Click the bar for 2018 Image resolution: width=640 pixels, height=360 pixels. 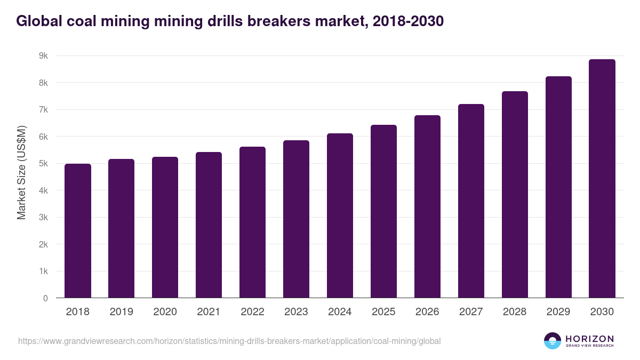click(78, 231)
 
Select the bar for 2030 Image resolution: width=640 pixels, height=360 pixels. click(602, 179)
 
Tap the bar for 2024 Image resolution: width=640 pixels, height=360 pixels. click(340, 216)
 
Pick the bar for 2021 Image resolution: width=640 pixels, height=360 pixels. click(209, 225)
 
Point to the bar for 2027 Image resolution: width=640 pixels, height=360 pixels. click(471, 201)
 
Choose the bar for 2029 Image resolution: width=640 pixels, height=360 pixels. click(558, 187)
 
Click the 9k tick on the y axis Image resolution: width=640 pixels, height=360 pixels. click(43, 56)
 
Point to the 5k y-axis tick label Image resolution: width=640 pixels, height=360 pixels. click(43, 164)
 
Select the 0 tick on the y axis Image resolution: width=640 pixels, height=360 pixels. click(45, 299)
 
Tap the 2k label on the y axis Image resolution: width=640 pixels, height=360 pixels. click(43, 245)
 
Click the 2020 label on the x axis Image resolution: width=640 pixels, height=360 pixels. click(165, 312)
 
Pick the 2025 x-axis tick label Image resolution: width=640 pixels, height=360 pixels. click(383, 312)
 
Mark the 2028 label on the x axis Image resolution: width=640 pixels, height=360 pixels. click(515, 312)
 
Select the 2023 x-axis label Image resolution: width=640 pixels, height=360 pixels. click(296, 312)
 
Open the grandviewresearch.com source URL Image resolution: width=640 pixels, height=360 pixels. click(229, 341)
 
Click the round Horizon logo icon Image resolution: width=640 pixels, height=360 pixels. click(553, 341)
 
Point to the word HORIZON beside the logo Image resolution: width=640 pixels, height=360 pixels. click(589, 339)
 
